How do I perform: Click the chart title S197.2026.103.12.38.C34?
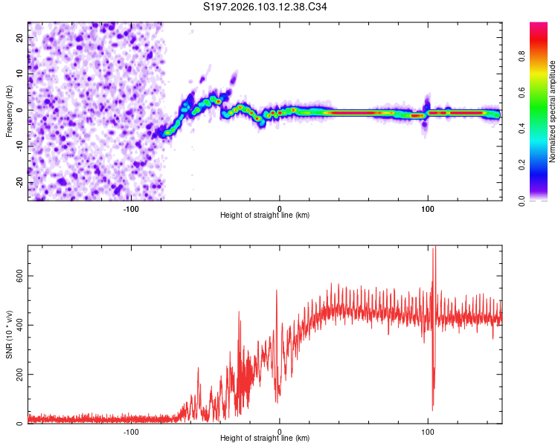point(265,7)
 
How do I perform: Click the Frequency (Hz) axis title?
point(9,110)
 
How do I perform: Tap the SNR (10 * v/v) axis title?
point(9,335)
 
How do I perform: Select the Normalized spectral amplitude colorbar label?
point(553,111)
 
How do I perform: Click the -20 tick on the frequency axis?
point(19,182)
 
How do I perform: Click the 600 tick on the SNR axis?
point(17,275)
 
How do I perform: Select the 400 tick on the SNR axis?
point(17,325)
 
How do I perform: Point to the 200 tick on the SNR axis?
point(17,375)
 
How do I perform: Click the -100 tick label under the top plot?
point(131,208)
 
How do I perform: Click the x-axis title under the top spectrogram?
point(265,216)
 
